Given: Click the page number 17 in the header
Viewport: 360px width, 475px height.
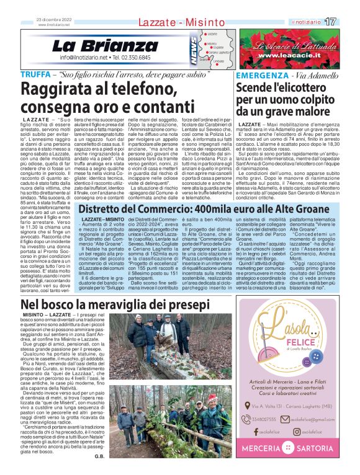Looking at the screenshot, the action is [x=348, y=22].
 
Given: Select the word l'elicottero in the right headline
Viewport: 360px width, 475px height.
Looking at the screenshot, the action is [x=308, y=87].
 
